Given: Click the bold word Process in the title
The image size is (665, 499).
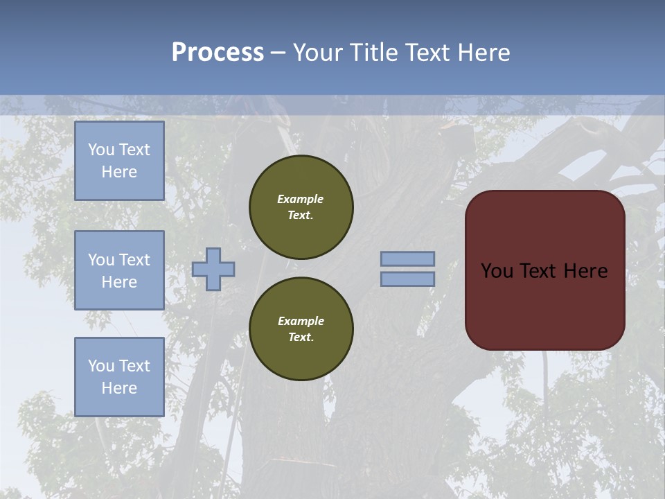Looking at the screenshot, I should pos(218,53).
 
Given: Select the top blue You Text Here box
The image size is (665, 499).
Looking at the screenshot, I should pos(119,161).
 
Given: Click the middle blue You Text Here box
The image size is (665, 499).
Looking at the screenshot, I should pos(119,270).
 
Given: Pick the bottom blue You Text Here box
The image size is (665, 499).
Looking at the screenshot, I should pos(119,376).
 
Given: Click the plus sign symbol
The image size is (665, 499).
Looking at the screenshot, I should pos(213,269).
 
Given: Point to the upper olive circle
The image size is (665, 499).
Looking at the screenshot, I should pos(301,207).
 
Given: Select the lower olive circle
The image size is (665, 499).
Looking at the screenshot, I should pos(301,329).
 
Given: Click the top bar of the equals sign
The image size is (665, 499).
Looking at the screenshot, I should pos(407,259).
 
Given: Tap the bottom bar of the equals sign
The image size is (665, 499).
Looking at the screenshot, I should pos(407,279).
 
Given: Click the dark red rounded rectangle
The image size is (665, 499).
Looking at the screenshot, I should pos(544,270).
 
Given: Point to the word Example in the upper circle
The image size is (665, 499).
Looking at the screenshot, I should pos(301,199).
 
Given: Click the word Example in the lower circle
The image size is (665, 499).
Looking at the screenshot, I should pos(301,321).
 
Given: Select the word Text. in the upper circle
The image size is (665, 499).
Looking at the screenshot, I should pos(301,215).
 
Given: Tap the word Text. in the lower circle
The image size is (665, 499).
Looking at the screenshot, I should pos(301,337).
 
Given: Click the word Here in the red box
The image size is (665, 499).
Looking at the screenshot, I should pos(585,271).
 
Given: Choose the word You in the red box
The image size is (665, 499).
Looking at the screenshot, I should pos(496,271).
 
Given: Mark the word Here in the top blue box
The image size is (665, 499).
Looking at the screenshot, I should pos(119,172).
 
